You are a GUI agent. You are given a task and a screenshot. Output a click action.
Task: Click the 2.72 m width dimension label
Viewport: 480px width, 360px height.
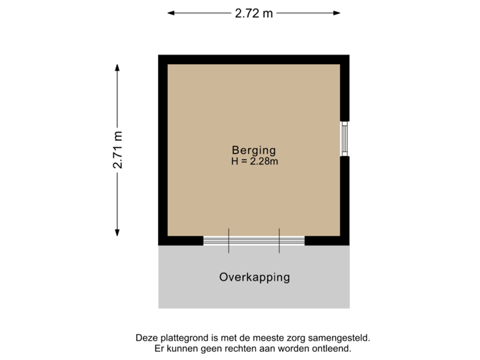tap(254, 12)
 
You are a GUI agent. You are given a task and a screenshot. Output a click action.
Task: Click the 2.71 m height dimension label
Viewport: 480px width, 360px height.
tap(117, 150)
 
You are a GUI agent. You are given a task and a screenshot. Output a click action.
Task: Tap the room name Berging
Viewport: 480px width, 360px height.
tap(253, 150)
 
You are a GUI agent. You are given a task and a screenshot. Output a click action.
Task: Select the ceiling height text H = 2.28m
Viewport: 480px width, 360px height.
tap(254, 161)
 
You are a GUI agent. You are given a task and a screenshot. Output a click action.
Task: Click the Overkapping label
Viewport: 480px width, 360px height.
tap(254, 277)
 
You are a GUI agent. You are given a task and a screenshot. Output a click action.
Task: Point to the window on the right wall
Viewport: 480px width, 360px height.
tap(345, 139)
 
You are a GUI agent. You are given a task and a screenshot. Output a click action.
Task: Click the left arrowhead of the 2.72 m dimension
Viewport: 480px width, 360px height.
tap(171, 12)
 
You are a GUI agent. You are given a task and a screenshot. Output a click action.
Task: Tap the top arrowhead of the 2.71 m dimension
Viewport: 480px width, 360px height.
tap(117, 67)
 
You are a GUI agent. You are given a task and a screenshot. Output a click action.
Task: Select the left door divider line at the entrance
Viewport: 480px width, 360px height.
tap(229, 241)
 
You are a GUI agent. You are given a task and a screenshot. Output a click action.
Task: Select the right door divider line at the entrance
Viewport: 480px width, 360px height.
tap(279, 241)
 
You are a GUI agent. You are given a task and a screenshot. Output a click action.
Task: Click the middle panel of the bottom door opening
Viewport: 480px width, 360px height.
tap(254, 241)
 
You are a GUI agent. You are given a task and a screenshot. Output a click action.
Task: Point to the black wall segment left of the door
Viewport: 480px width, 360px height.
tap(181, 241)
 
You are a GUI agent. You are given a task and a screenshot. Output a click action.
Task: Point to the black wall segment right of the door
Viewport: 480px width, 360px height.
tap(327, 241)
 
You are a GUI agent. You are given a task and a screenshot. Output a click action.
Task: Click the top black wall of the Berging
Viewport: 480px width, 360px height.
tap(254, 59)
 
